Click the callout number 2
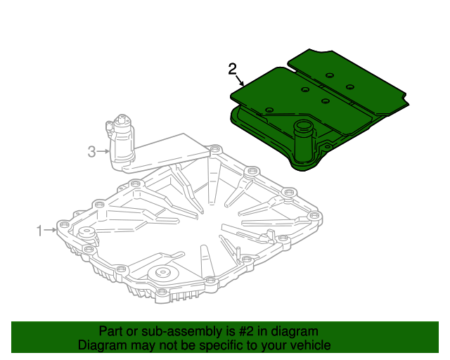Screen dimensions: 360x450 [233, 69]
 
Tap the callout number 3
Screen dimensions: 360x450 [91, 150]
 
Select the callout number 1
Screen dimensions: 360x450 [40, 229]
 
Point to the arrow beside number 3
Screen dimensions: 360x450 [104, 150]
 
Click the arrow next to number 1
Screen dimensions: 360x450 [53, 229]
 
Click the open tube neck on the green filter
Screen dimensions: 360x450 [303, 129]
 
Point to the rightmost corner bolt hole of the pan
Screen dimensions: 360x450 [314, 213]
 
